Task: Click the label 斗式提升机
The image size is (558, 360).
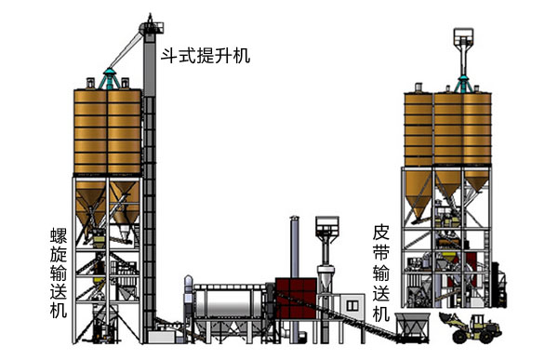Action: pos(206,56)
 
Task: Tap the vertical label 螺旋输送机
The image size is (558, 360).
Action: pos(59,273)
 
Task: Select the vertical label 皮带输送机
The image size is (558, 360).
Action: pos(380,273)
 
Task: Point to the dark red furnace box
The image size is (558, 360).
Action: pos(296,299)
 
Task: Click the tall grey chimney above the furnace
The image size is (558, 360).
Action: pos(294,247)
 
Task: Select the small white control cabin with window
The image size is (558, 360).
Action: pos(352,306)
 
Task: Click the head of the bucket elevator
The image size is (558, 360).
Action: pos(151,28)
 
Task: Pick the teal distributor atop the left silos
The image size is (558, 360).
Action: pos(109,79)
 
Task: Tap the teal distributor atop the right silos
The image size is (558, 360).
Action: pos(463,84)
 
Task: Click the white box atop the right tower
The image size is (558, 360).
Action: pos(464,36)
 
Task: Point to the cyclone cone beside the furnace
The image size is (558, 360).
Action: pos(325,279)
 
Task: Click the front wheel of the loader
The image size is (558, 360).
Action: pos(460,336)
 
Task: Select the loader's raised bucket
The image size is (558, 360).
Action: pos(447,317)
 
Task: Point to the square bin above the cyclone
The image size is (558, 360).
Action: pos(327,225)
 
